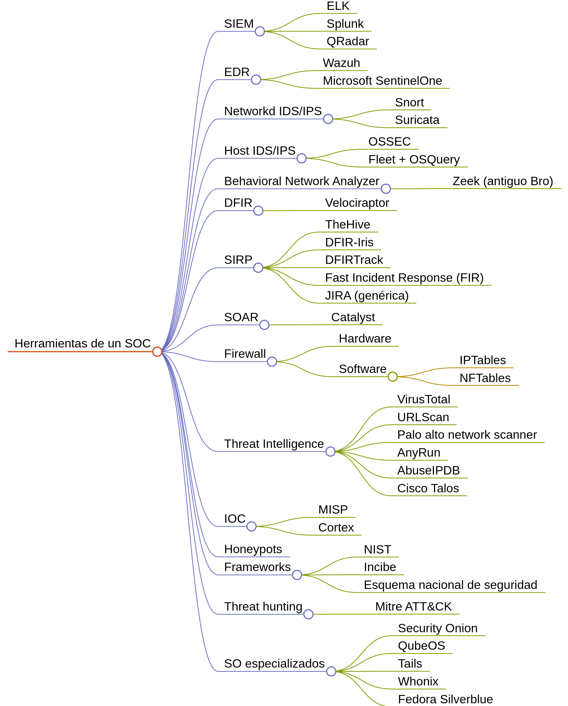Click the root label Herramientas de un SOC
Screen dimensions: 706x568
pyautogui.click(x=82, y=344)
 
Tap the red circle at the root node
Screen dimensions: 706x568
pyautogui.click(x=157, y=352)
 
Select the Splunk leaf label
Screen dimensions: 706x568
pyautogui.click(x=345, y=24)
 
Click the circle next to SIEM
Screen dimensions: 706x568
pyautogui.click(x=260, y=31)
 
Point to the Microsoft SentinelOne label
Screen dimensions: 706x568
pyautogui.click(x=382, y=81)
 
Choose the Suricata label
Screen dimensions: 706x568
pyautogui.click(x=417, y=120)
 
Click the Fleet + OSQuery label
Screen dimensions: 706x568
pyautogui.click(x=414, y=160)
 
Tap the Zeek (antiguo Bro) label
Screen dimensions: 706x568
pyautogui.click(x=502, y=181)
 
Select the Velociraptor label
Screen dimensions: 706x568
pyautogui.click(x=357, y=203)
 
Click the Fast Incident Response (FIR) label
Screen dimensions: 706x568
pyautogui.click(x=404, y=278)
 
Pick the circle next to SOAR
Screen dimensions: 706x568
pyautogui.click(x=264, y=325)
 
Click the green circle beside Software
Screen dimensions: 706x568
pyautogui.click(x=393, y=377)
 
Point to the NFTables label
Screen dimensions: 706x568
pyautogui.click(x=485, y=378)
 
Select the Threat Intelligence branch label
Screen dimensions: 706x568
pyautogui.click(x=274, y=444)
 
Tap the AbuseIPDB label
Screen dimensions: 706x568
pyautogui.click(x=428, y=471)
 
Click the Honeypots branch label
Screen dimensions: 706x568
pyautogui.click(x=253, y=549)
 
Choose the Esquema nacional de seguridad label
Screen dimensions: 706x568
pyautogui.click(x=450, y=585)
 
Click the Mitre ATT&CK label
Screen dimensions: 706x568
pyautogui.click(x=413, y=607)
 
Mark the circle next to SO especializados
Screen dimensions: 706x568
pyautogui.click(x=331, y=671)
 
